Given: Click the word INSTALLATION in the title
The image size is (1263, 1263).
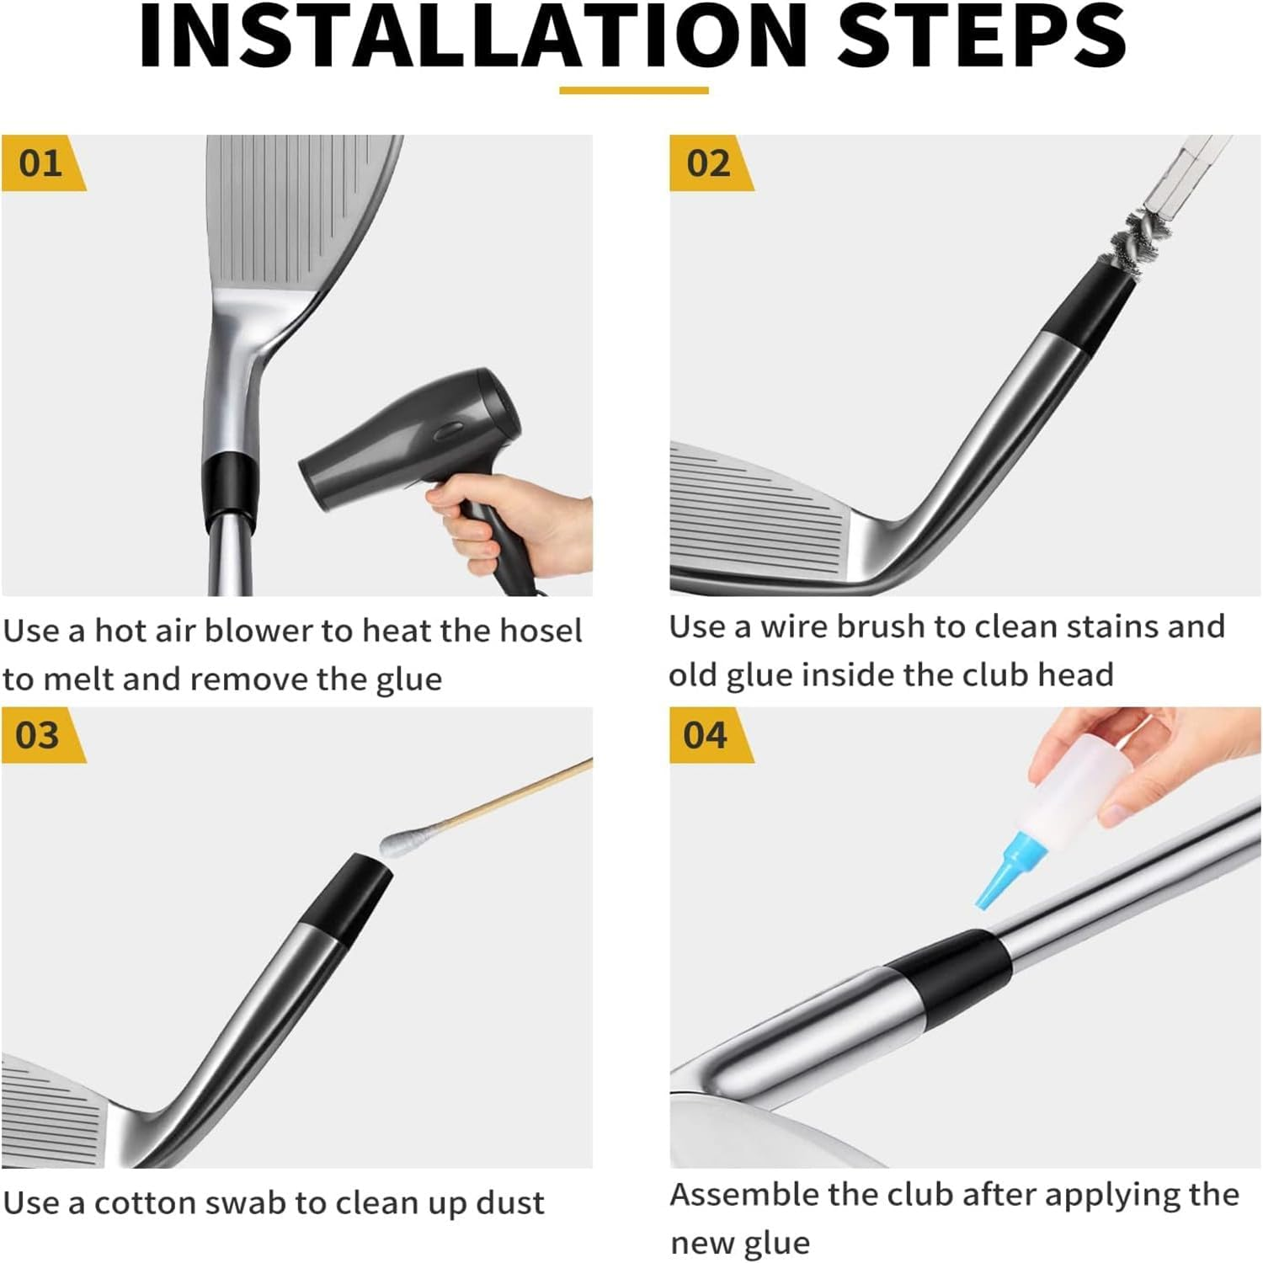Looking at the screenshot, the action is [x=473, y=37].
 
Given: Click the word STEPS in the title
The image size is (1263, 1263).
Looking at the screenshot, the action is [x=983, y=37].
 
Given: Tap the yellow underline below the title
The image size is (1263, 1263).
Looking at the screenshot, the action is [x=634, y=90].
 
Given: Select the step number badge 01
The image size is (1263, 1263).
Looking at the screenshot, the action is [x=43, y=163].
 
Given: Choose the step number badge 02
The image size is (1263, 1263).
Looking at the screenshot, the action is [x=711, y=163].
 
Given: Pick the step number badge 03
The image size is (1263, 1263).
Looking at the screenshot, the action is [x=43, y=735].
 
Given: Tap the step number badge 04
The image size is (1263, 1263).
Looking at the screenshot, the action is [x=711, y=735].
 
